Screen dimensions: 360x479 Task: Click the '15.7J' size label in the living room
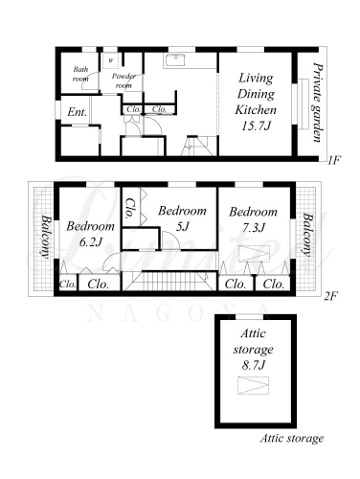click(256, 126)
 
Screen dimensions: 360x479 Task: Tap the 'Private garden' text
click(317, 103)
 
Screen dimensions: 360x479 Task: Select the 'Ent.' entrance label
click(77, 112)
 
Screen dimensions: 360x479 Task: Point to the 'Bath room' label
click(80, 74)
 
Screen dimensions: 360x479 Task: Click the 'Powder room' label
click(124, 80)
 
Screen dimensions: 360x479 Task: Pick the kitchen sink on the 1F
click(175, 59)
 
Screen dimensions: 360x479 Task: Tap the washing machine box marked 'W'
click(110, 60)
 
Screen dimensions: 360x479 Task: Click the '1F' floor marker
click(332, 160)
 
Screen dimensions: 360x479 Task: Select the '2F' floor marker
click(330, 297)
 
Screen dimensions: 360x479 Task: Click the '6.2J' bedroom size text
click(90, 242)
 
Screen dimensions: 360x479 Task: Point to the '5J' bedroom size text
click(182, 227)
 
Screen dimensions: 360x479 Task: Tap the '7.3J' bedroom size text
click(253, 228)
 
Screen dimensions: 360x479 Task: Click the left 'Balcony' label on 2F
click(46, 237)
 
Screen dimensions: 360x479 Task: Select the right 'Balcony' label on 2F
click(307, 235)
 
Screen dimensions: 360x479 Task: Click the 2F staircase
click(169, 281)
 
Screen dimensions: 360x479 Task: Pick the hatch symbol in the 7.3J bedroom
click(254, 254)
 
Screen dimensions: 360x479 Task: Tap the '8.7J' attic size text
click(253, 365)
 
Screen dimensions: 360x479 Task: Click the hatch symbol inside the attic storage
click(253, 385)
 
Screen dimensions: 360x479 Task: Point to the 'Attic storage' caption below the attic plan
click(292, 438)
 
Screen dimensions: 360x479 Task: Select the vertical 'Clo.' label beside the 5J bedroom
click(130, 208)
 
